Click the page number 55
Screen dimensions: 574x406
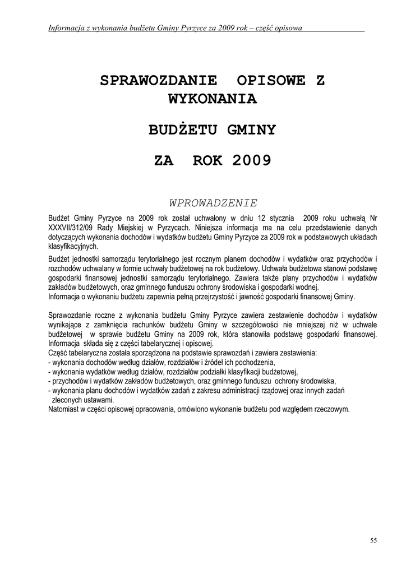pyautogui.click(x=373, y=540)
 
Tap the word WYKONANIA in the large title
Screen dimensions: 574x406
pyautogui.click(x=213, y=100)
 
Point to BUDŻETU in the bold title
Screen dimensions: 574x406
pyautogui.click(x=183, y=131)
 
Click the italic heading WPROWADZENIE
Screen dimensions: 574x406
pyautogui.click(x=213, y=202)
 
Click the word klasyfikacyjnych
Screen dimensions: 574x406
pyautogui.click(x=73, y=246)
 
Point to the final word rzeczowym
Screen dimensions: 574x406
pyautogui.click(x=331, y=410)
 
